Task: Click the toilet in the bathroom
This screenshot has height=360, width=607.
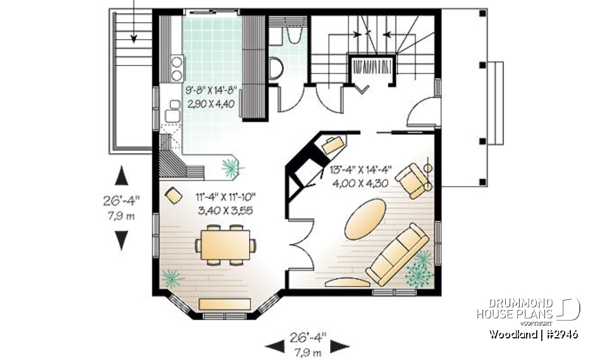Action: coord(275,68)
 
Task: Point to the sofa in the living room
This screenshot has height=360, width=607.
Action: coord(397,254)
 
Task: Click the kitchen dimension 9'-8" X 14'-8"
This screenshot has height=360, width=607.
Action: coord(211,90)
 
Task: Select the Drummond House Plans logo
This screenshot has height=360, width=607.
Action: coord(529,308)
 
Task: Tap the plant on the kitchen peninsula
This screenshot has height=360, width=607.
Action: coord(231,166)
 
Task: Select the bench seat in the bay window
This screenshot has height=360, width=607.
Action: coord(226,304)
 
